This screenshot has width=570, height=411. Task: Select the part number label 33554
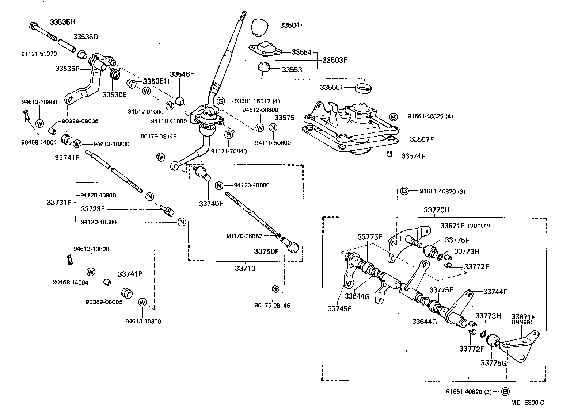(x=301, y=52)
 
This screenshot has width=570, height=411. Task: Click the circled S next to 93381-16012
(x=220, y=101)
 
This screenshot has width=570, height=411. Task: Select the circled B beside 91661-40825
(x=393, y=116)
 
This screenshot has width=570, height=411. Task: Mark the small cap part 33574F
(x=389, y=154)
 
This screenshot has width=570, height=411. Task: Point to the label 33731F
(x=59, y=202)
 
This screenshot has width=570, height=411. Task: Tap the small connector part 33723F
(x=168, y=211)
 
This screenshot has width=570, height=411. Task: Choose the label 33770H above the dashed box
(x=437, y=210)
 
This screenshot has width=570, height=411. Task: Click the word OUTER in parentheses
(x=479, y=226)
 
